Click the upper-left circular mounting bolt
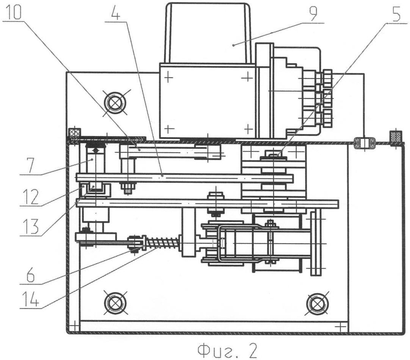115,102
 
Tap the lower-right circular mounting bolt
316,303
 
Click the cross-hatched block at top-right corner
396,136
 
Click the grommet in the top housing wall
364,143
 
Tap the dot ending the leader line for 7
92,160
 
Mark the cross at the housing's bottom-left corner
74,326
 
